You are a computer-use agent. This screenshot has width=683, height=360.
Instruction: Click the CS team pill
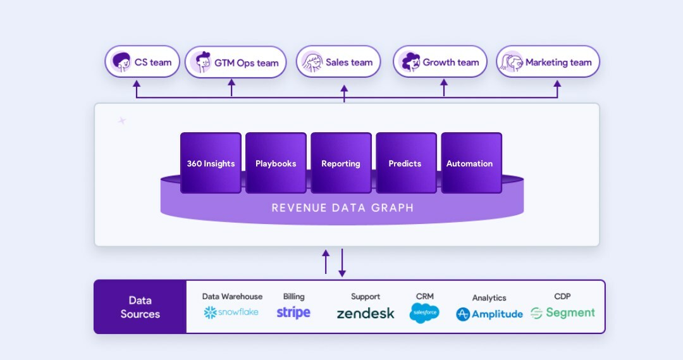(x=142, y=62)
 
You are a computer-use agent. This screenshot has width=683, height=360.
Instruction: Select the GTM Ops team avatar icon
(x=202, y=62)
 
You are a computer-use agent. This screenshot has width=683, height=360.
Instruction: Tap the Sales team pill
(x=338, y=62)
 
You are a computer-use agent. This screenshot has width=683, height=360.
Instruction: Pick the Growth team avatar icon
(x=410, y=62)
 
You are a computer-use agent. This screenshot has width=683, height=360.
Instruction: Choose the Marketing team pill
(x=548, y=62)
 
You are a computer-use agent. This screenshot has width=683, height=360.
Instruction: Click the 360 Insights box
(x=211, y=163)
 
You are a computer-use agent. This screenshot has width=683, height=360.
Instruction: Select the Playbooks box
(x=276, y=163)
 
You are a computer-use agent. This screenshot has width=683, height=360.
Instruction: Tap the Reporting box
(x=341, y=163)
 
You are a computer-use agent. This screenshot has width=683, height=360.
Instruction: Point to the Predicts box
(x=406, y=163)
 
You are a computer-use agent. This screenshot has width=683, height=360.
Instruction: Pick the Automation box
(x=471, y=163)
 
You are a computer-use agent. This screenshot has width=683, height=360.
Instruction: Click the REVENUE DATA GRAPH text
(x=342, y=208)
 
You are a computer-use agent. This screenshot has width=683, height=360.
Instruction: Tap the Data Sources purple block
(x=140, y=307)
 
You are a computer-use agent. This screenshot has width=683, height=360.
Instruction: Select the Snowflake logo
(x=231, y=313)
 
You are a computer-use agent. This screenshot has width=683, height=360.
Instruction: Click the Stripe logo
(x=293, y=313)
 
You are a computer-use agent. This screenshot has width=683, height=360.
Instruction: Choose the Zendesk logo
(x=366, y=313)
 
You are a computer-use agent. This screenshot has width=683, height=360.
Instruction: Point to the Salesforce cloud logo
(x=424, y=313)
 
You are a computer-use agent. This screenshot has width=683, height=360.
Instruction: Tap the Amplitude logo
(x=489, y=314)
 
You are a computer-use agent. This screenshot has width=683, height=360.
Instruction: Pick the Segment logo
(x=562, y=313)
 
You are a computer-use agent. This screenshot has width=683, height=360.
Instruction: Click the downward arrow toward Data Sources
(x=342, y=263)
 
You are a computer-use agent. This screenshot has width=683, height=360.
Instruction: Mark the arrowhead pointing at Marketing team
(x=557, y=83)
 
